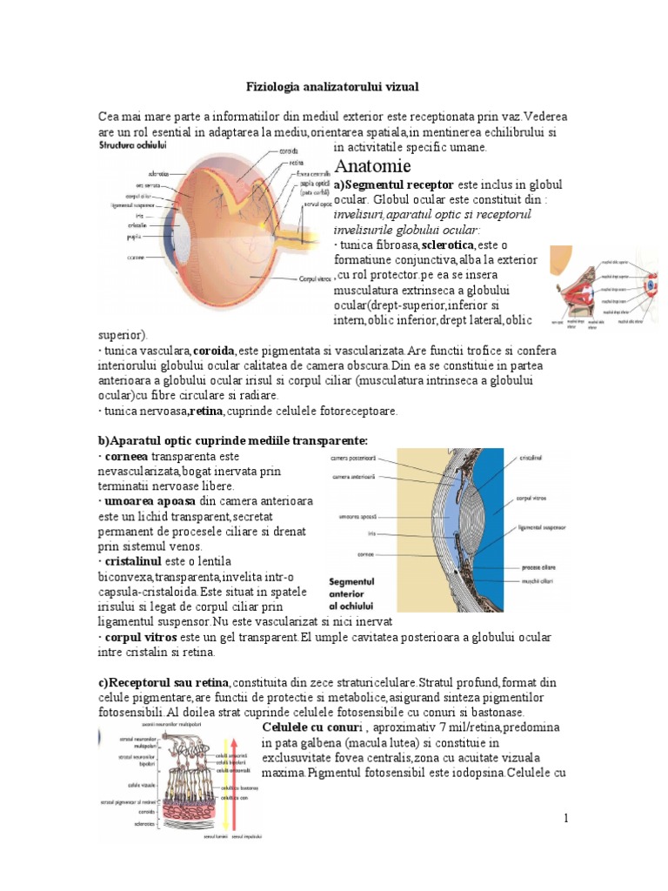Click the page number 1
coord(565,818)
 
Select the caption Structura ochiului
coord(133,145)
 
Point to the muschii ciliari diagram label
coord(538,579)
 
